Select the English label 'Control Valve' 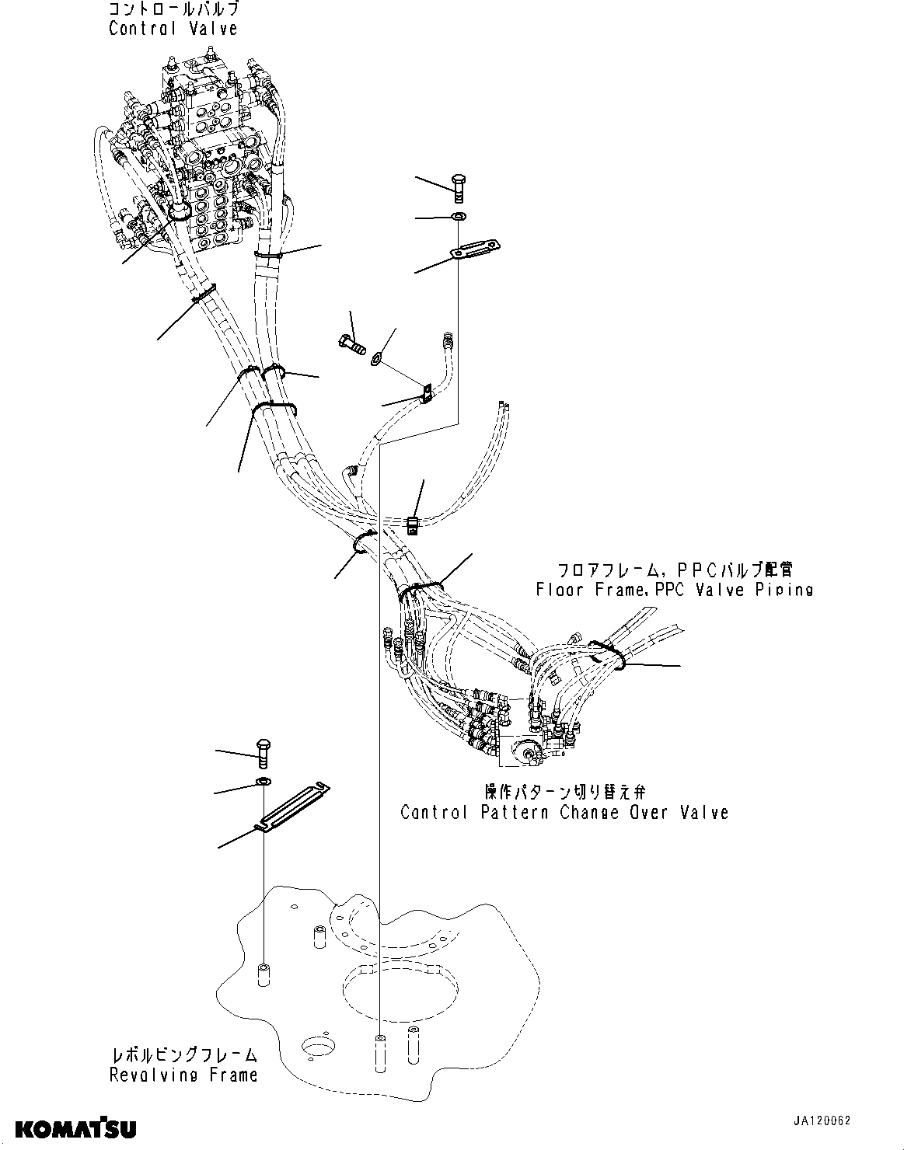[173, 29]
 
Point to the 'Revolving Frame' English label [183, 1075]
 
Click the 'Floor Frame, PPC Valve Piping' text [674, 589]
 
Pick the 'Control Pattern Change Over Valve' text [564, 812]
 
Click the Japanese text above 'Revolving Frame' [183, 1055]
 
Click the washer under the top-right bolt [459, 216]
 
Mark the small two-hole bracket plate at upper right [476, 249]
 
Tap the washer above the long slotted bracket [263, 780]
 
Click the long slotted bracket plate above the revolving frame [294, 808]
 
